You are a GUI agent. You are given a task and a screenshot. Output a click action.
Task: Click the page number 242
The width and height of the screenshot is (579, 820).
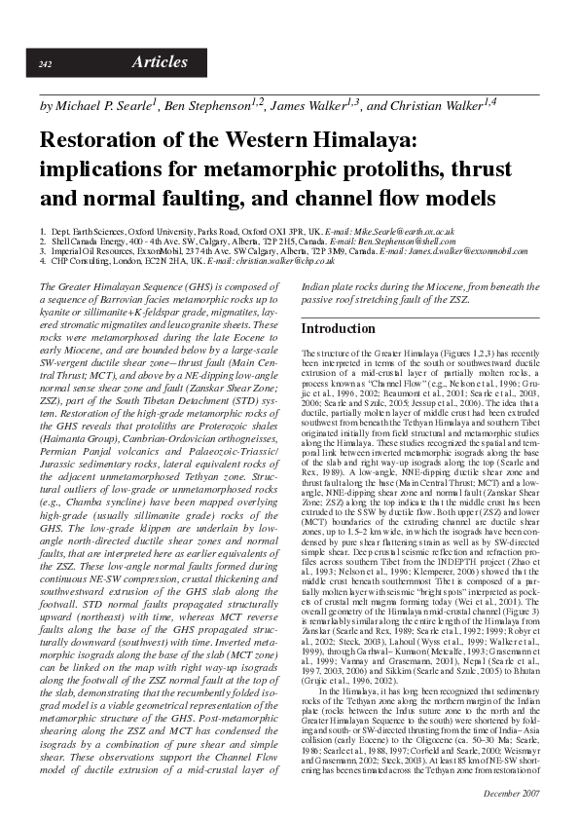(45, 64)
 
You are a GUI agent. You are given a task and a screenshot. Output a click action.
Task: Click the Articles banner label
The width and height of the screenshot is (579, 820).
(160, 62)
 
